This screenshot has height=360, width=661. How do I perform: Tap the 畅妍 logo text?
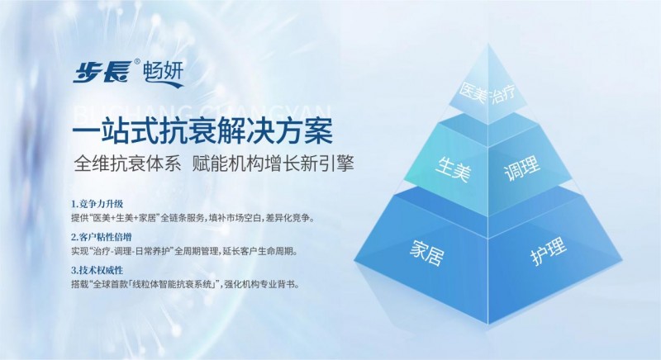tap(163, 71)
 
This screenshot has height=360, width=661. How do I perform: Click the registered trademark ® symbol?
tap(137, 62)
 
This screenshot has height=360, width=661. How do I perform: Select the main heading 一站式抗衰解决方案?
tap(202, 131)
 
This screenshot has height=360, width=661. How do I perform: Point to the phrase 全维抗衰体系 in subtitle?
tap(127, 163)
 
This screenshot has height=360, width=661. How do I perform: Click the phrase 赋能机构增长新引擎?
tap(273, 163)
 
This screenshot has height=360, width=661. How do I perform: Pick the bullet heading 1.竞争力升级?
tap(97, 204)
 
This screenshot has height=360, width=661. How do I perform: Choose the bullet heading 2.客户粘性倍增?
tap(101, 237)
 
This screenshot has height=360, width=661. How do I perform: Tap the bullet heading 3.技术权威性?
tap(97, 269)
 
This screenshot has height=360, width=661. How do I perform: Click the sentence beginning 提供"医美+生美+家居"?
tap(193, 218)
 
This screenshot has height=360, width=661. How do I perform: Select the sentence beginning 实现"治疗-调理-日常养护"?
tap(184, 251)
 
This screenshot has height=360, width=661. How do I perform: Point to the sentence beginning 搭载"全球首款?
tap(185, 284)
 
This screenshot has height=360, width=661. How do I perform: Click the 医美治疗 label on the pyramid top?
tap(487, 93)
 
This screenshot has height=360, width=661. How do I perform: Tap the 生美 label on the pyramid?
tap(453, 168)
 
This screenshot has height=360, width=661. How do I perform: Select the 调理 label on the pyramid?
tap(522, 168)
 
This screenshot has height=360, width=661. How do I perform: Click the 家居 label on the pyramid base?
tap(426, 253)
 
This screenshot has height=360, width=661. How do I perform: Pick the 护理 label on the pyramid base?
tap(549, 251)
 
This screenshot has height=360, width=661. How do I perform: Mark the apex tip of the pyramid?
tap(488, 44)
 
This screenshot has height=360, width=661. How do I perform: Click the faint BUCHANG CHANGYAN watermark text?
tap(202, 111)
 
